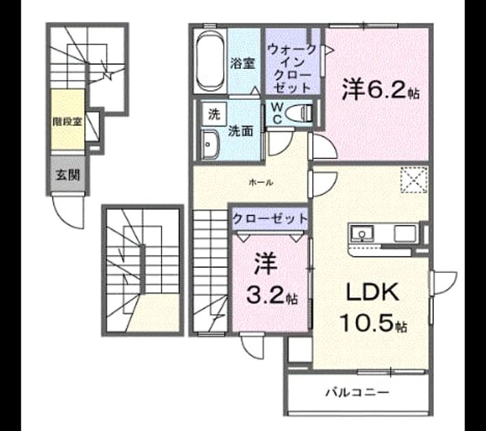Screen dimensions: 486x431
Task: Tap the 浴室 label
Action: [242, 64]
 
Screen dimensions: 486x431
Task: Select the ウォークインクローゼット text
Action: [292, 68]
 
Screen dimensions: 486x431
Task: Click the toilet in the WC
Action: [299, 113]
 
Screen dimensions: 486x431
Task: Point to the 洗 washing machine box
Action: [214, 114]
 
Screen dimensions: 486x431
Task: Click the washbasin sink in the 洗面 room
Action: [210, 145]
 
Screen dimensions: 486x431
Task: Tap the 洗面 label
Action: [241, 131]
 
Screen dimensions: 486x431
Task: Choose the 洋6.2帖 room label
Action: [381, 89]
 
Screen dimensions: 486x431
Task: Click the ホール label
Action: [261, 183]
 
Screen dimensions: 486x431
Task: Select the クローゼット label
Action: [269, 219]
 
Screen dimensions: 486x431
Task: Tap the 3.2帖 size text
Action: [272, 296]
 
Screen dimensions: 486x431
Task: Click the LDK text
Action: [372, 293]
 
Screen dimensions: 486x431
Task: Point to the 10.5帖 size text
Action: [373, 322]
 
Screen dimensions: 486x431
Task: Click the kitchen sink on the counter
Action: [362, 233]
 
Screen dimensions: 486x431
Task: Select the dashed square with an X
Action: [413, 180]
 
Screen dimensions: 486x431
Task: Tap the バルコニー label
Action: [357, 393]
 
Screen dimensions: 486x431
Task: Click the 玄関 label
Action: [68, 175]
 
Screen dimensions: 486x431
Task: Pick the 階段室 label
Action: [68, 122]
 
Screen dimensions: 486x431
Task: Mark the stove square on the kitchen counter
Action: [405, 233]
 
